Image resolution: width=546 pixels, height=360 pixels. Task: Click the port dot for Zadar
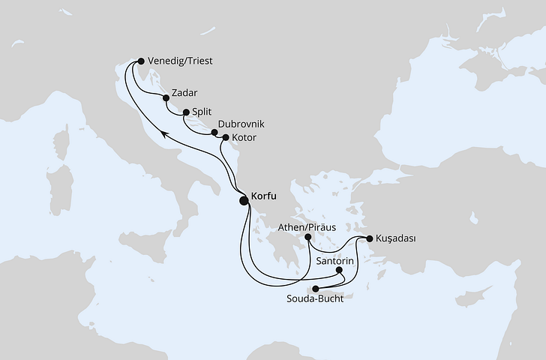pyautogui.click(x=166, y=97)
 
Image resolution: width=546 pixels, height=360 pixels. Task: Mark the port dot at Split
pyautogui.click(x=185, y=112)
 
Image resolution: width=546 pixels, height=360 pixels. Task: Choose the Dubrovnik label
pyautogui.click(x=241, y=124)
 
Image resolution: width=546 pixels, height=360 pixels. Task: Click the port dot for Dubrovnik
pyautogui.click(x=214, y=133)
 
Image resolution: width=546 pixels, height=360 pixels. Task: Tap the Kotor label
pyautogui.click(x=244, y=139)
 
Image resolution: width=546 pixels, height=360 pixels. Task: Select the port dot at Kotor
pyautogui.click(x=225, y=138)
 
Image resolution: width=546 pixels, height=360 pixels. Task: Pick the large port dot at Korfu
pyautogui.click(x=244, y=200)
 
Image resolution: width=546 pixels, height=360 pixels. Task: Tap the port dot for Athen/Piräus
pyautogui.click(x=308, y=238)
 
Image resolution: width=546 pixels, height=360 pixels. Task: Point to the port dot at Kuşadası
pyautogui.click(x=369, y=239)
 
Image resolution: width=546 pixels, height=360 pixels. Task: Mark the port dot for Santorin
pyautogui.click(x=340, y=271)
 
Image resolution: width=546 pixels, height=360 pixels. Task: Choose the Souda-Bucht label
pyautogui.click(x=316, y=299)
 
